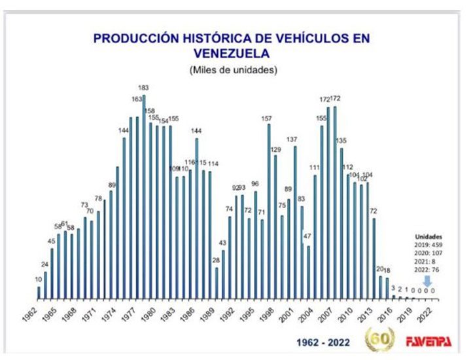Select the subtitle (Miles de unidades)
(233, 69)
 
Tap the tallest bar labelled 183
(144, 196)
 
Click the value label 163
(137, 99)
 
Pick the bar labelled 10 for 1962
(39, 293)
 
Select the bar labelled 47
(309, 272)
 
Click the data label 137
(292, 139)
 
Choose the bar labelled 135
(341, 223)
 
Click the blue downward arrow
(427, 279)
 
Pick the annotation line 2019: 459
(429, 245)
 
